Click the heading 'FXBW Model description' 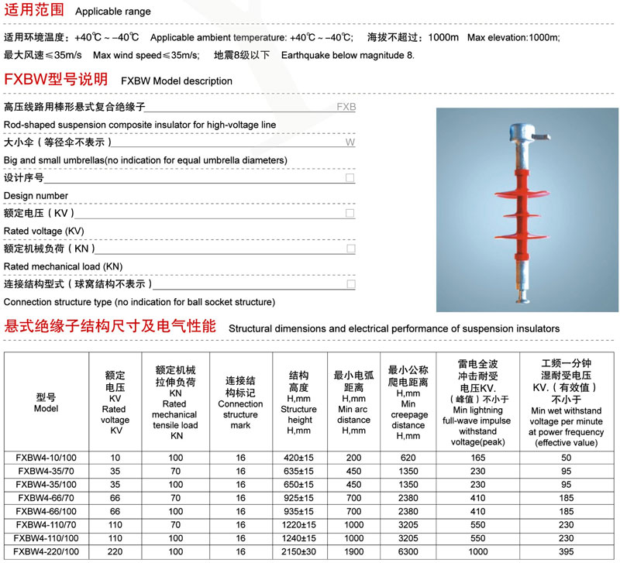pos(177,81)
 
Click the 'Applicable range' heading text pos(113,12)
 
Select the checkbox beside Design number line pos(350,178)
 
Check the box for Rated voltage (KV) pos(350,213)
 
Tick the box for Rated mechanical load pos(350,249)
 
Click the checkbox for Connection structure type pos(350,284)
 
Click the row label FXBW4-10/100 pos(46,458)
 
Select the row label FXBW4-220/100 pos(46,551)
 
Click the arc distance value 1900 pos(353,551)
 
